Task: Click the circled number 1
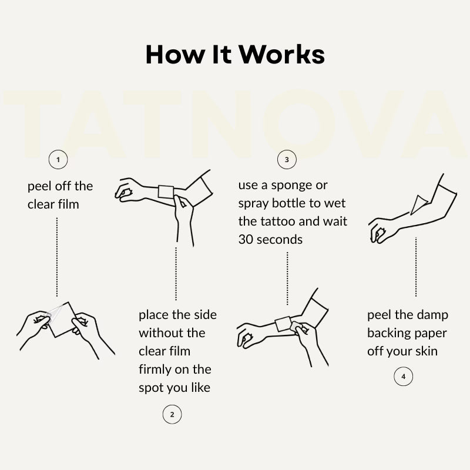point(58,159)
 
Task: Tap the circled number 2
point(172,414)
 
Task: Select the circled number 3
point(287,159)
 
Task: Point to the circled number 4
point(403,376)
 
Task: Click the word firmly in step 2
point(157,370)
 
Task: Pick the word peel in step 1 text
point(39,186)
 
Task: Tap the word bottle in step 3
point(291,203)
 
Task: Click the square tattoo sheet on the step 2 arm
point(166,192)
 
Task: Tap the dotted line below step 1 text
point(57,257)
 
